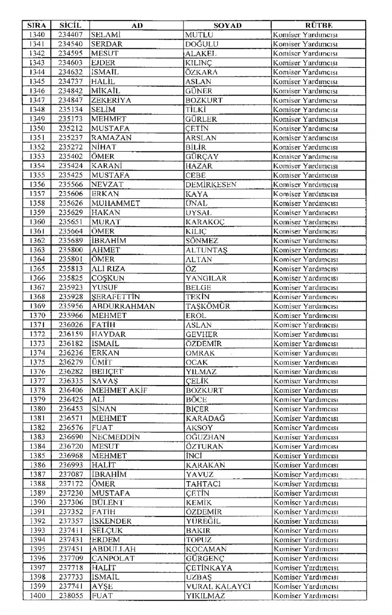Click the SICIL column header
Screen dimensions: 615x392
coord(70,25)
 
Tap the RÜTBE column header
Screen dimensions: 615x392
coord(318,25)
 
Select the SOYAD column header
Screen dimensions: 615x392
coord(227,25)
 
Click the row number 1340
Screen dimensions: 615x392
coord(37,35)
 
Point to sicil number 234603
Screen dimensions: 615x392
coord(70,63)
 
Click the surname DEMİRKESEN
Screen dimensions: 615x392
coord(211,185)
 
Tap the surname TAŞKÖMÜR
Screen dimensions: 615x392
coord(208,306)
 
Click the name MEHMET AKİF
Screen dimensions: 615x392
coord(119,390)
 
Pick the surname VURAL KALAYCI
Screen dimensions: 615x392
coord(218,586)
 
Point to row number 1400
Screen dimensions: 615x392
coord(38,596)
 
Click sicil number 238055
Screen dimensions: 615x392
coord(71,596)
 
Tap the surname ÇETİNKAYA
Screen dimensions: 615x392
coord(209,568)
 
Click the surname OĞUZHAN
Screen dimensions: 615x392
coord(205,437)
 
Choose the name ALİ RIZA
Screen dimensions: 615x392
coord(108,269)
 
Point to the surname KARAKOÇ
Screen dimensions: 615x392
coord(205,222)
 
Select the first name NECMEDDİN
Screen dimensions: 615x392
coord(116,437)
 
